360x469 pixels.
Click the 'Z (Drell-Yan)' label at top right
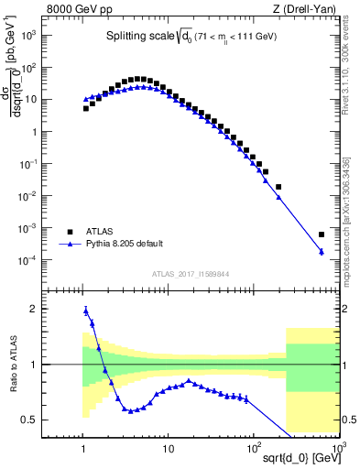click(309, 10)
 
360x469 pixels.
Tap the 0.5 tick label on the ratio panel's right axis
click(348, 420)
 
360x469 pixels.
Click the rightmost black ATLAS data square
click(321, 234)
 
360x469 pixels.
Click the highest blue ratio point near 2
click(86, 311)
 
